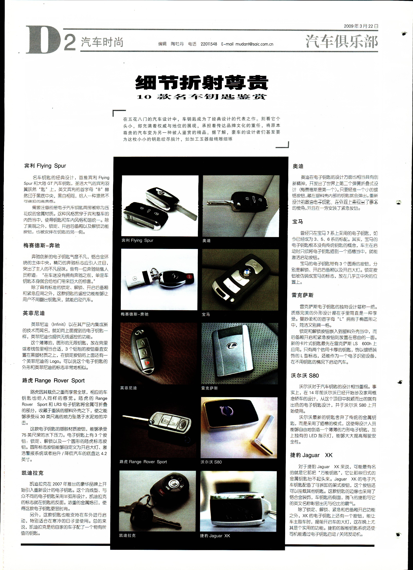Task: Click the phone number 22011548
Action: (209, 44)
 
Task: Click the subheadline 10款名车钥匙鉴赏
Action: (202, 96)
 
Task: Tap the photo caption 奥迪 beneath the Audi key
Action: (206, 241)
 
